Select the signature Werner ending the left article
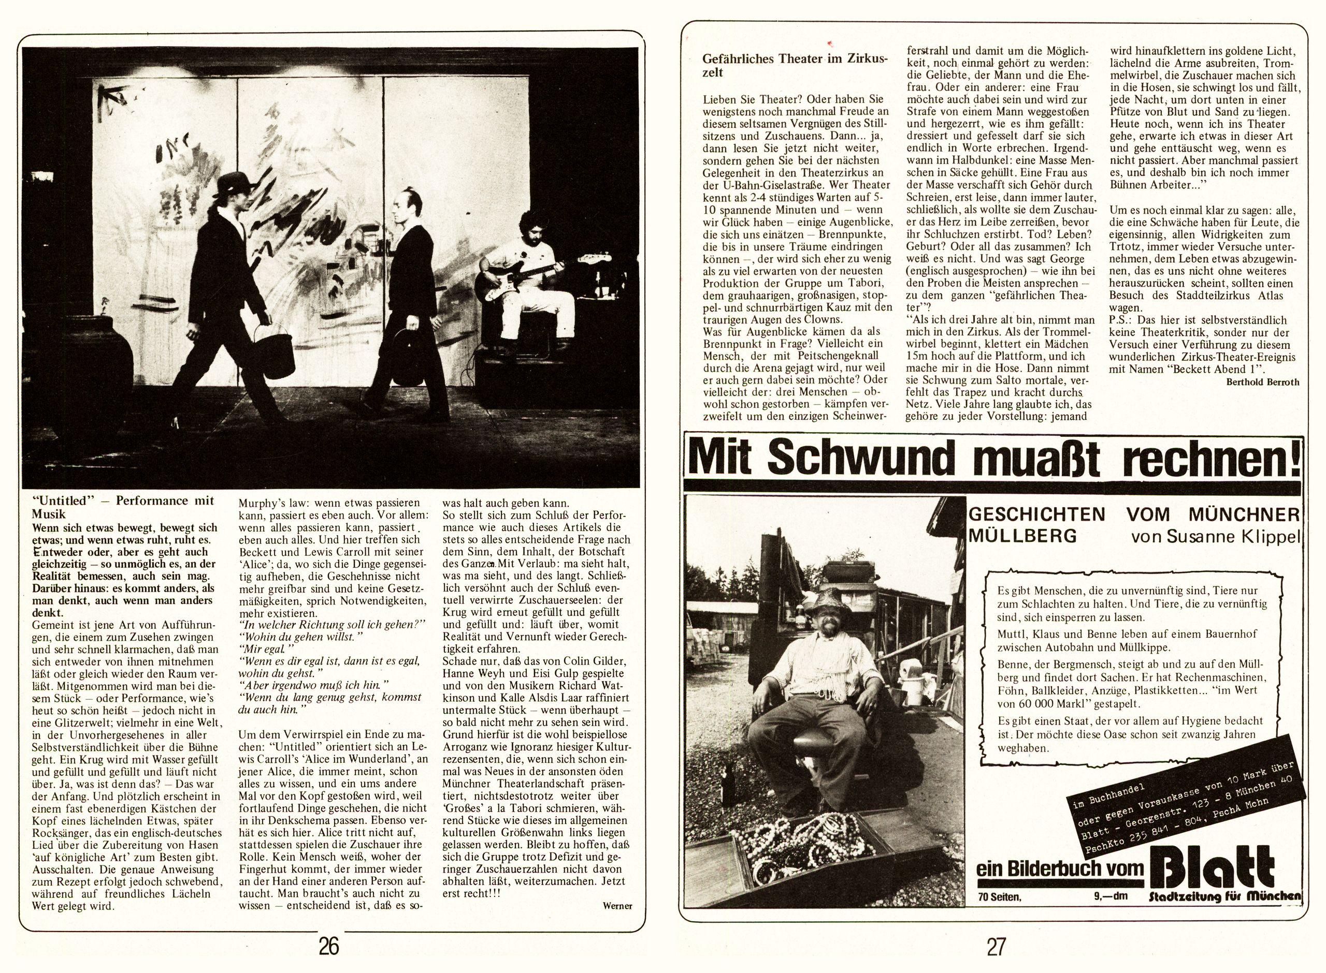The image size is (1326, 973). [x=617, y=905]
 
